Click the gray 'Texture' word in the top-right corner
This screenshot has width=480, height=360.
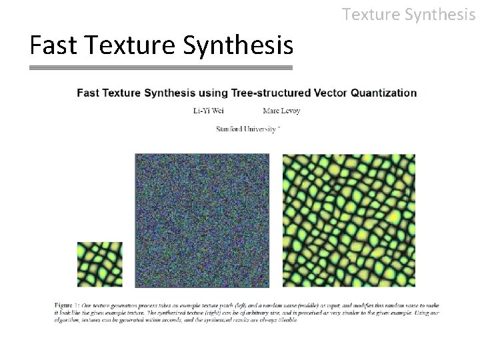pyautogui.click(x=371, y=13)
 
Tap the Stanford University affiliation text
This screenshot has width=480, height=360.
pyautogui.click(x=247, y=128)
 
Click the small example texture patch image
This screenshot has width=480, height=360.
pyautogui.click(x=100, y=265)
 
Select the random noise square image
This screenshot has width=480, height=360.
pyautogui.click(x=203, y=221)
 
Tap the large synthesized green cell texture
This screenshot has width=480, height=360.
pyautogui.click(x=349, y=221)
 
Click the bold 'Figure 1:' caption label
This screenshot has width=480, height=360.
pyautogui.click(x=67, y=305)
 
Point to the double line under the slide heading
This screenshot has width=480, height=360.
pyautogui.click(x=161, y=68)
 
